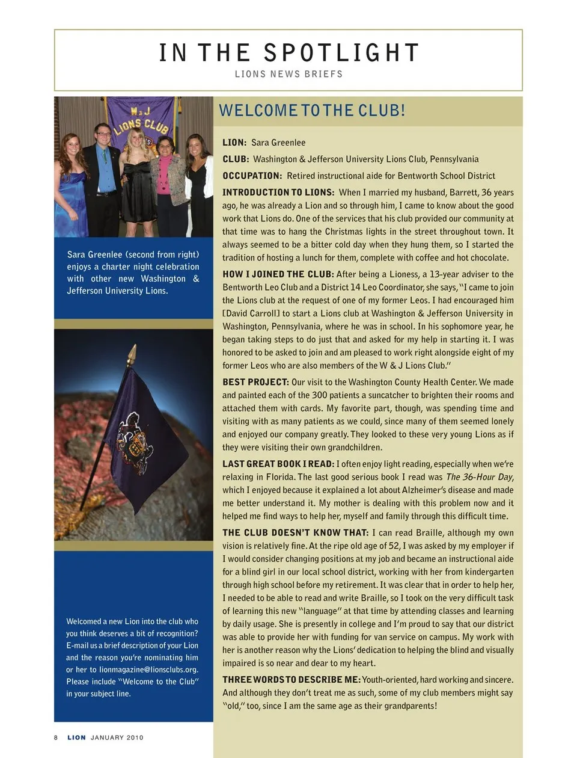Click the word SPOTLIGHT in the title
point(341,53)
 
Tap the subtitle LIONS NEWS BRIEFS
point(288,74)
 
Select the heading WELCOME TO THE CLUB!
point(312,111)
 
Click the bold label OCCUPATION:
point(252,176)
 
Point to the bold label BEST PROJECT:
point(255,382)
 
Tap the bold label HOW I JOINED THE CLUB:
point(278,274)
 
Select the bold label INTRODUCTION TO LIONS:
point(278,193)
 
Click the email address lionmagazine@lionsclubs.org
point(148,670)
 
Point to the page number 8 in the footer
point(56,738)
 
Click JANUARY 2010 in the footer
point(117,738)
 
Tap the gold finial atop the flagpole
point(132,353)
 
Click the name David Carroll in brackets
point(251,313)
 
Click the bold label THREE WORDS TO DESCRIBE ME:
point(292,680)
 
